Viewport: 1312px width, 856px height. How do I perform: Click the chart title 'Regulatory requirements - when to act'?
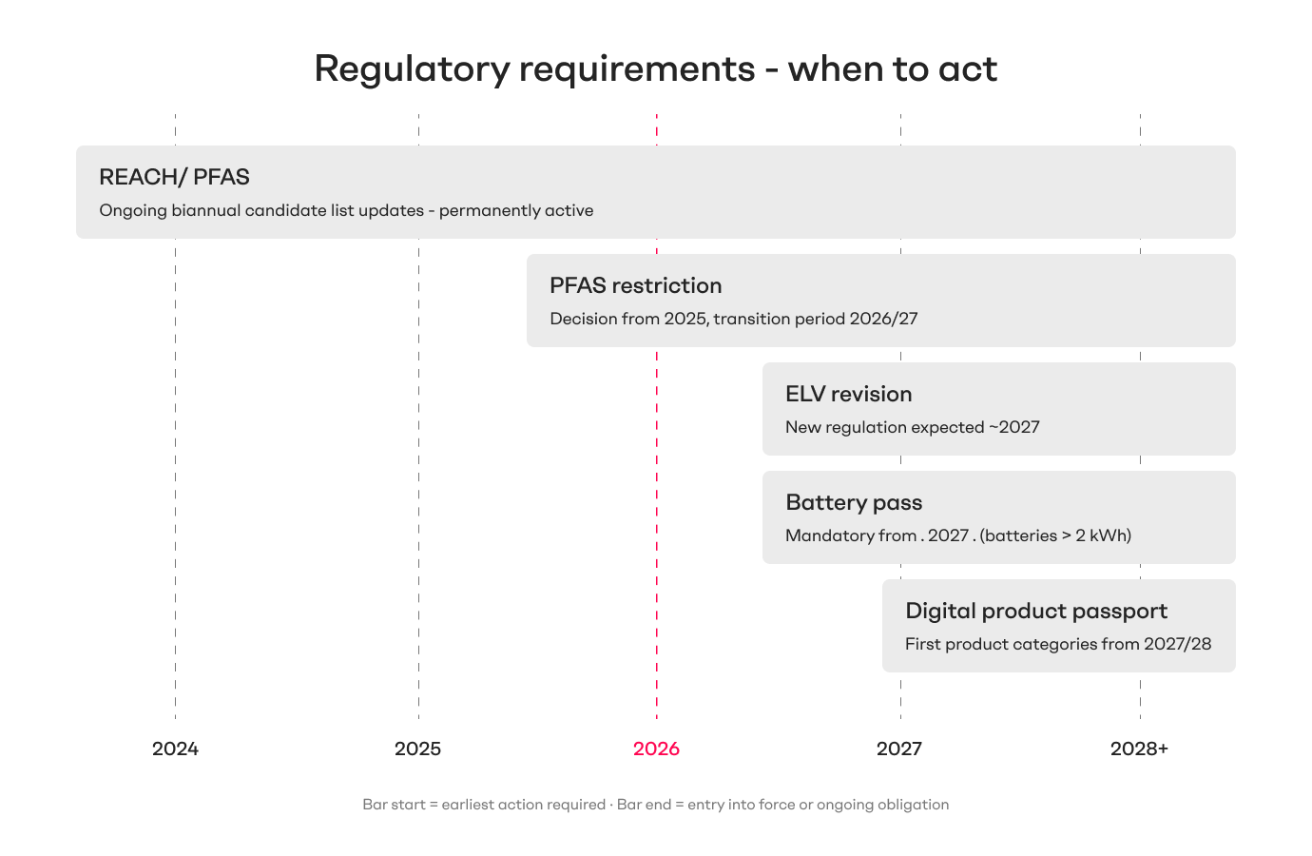pyautogui.click(x=655, y=69)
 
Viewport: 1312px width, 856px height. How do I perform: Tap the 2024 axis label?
pyautogui.click(x=175, y=749)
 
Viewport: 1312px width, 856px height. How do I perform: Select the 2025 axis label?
pyautogui.click(x=417, y=749)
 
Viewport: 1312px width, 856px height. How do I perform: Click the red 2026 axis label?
pyautogui.click(x=656, y=749)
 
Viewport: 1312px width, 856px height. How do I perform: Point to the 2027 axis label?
pyautogui.click(x=898, y=749)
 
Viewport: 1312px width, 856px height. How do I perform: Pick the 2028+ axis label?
pyautogui.click(x=1139, y=749)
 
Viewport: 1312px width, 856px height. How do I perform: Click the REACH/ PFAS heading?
pyautogui.click(x=174, y=177)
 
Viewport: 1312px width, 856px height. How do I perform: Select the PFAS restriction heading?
pyautogui.click(x=635, y=285)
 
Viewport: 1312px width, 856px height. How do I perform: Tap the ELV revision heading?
pyautogui.click(x=848, y=394)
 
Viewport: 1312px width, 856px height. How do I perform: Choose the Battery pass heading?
pyautogui.click(x=853, y=502)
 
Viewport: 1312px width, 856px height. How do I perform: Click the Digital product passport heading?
pyautogui.click(x=1035, y=611)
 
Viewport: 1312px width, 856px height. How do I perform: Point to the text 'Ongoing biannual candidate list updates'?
pyautogui.click(x=261, y=210)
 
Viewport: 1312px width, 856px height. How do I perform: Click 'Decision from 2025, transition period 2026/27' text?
pyautogui.click(x=733, y=319)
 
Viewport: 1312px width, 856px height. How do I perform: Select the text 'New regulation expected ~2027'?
pyautogui.click(x=912, y=427)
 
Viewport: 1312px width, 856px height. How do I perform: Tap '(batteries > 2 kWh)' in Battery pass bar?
pyautogui.click(x=1055, y=535)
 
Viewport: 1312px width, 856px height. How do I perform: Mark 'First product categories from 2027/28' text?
pyautogui.click(x=1057, y=644)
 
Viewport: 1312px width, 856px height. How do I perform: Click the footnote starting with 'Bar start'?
pyautogui.click(x=655, y=805)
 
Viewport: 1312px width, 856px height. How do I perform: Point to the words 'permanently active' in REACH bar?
pyautogui.click(x=516, y=210)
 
